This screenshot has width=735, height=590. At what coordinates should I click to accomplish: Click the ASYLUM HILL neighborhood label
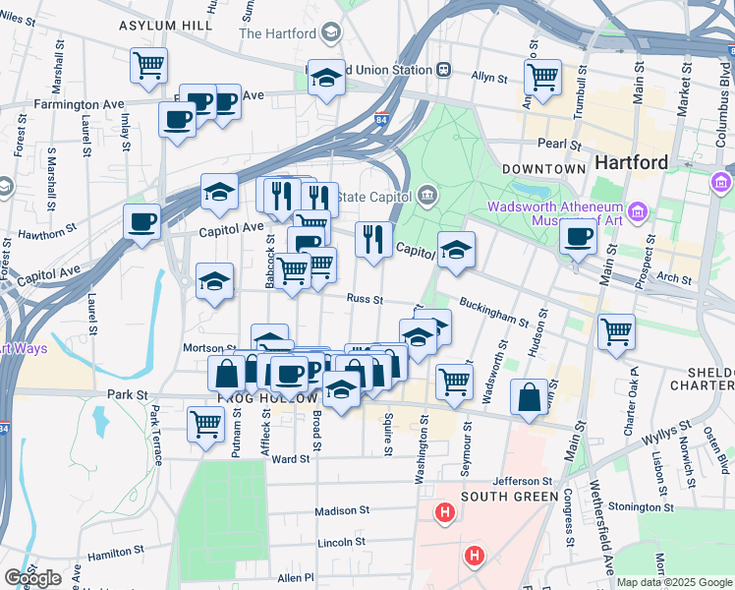tap(165, 25)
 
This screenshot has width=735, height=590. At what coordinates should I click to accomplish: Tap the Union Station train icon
tap(444, 70)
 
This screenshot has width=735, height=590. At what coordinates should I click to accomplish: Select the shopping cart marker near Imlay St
tap(148, 66)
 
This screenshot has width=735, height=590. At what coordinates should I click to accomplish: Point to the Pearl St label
tap(561, 145)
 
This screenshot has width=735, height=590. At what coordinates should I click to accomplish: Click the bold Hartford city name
tap(630, 162)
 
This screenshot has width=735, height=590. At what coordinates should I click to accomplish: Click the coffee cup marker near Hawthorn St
tap(142, 220)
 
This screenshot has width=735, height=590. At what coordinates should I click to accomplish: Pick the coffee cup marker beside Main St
tap(579, 237)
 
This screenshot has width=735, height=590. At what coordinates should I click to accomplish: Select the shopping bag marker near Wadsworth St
tap(530, 397)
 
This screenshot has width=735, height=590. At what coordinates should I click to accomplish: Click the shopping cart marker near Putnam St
tap(205, 425)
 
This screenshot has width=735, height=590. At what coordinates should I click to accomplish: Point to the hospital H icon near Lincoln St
tap(475, 557)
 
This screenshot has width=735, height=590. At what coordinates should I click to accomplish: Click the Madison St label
tap(341, 511)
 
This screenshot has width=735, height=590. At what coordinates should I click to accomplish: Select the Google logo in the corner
tap(32, 578)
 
